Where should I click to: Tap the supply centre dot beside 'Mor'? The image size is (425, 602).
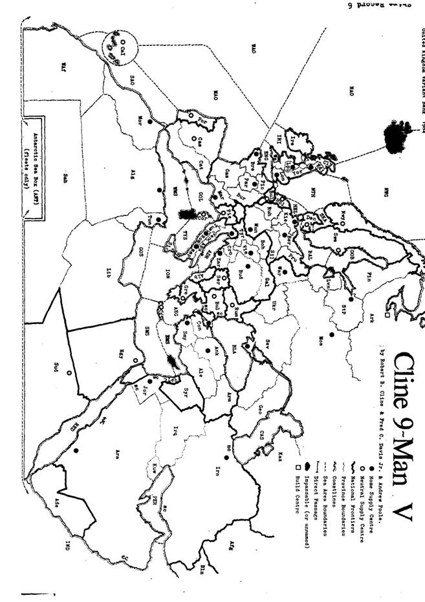click(x=149, y=121)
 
